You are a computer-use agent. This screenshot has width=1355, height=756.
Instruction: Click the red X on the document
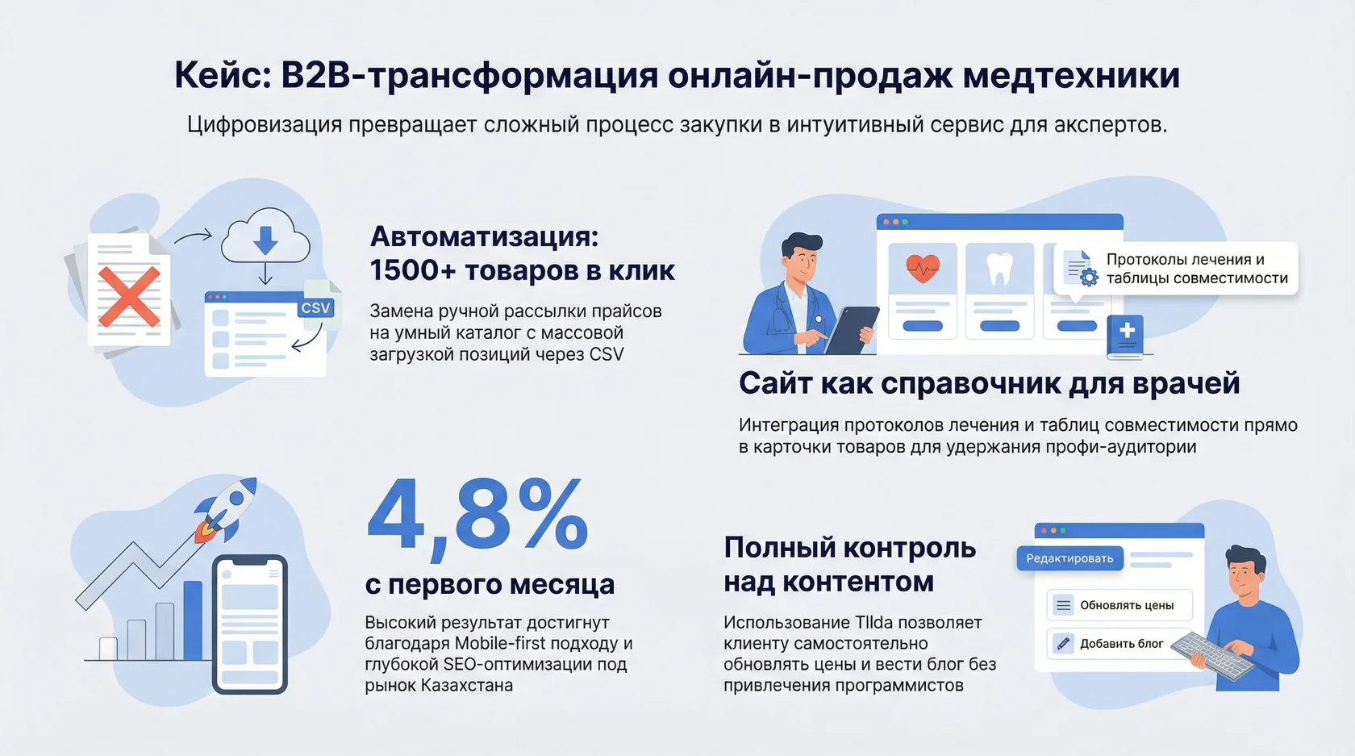[129, 297]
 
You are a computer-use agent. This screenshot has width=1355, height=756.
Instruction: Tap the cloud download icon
[265, 236]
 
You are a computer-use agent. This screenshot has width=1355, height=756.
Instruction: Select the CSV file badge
[316, 307]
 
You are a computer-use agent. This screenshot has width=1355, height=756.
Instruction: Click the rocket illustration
[226, 508]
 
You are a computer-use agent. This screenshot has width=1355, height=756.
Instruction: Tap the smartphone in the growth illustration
[250, 624]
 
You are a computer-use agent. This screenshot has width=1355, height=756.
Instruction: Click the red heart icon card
[923, 268]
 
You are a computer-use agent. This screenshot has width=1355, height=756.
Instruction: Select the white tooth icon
[1000, 269]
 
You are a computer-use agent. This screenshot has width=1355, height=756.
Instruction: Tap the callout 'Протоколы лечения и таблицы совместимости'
[1177, 269]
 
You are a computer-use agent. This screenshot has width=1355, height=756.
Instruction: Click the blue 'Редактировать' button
[1069, 558]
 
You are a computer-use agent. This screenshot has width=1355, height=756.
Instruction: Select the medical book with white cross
[1125, 335]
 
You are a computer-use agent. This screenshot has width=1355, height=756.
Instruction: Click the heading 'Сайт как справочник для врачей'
[989, 383]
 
